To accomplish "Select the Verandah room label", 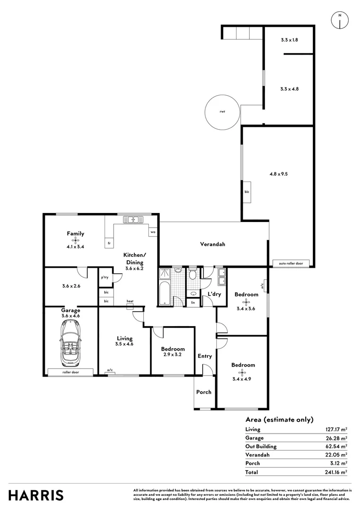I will click(x=213, y=244).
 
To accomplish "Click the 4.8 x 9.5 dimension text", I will click(x=278, y=173).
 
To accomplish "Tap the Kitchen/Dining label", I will click(x=134, y=258).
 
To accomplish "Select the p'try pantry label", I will click(x=105, y=278).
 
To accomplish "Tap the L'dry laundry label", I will click(x=214, y=295).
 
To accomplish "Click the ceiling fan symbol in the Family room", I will click(x=75, y=240).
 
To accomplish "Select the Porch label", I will click(x=204, y=392).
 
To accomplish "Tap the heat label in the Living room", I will click(x=130, y=301).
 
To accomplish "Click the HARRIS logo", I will click(x=36, y=495).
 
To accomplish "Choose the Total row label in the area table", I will click(x=252, y=472).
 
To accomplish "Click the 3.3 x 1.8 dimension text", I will click(x=289, y=40).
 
